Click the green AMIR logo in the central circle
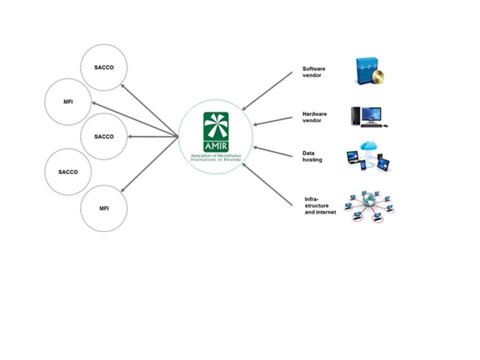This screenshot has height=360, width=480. coord(216,132)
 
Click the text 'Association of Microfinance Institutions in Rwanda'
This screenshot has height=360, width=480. coord(216,157)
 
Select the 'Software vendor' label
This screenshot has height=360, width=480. coord(314,72)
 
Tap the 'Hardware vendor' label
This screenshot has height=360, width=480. coord(314,117)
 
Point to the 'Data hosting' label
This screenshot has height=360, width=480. coord(312,156)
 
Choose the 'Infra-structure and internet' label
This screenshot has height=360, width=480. coord(320,205)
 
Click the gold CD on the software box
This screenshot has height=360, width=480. coord(378,76)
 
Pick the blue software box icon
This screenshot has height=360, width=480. coord(366,70)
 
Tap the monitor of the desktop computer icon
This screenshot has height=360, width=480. coord(371,115)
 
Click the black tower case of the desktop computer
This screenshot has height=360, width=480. coord(355,116)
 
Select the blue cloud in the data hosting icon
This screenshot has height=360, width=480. coord(368,146)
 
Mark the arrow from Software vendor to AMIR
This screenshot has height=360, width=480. coord(267,91)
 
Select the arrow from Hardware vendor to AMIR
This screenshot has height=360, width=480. coord(272,121)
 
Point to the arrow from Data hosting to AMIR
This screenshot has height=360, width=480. coord(272,151)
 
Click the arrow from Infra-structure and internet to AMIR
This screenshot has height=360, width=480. coord(267,184)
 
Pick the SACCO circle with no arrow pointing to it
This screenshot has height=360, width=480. coord(68,171)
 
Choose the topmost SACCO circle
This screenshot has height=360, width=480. coord(104,67)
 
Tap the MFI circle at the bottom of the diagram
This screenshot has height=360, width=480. coord(104,208)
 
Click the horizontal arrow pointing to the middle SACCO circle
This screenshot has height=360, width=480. coord(153,136)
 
